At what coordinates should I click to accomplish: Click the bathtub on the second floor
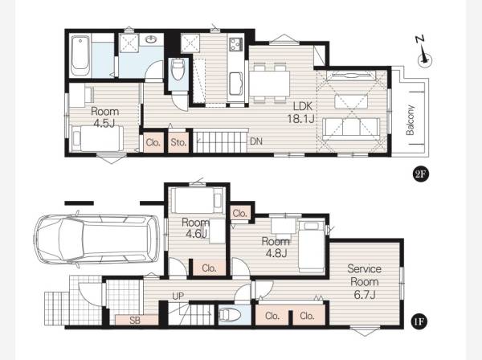[x=80, y=55]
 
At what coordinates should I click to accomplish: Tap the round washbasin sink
[x=151, y=39]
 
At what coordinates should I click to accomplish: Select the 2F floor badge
[x=420, y=174]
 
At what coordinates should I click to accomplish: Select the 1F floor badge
[x=419, y=322]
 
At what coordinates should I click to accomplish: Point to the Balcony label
[x=411, y=121]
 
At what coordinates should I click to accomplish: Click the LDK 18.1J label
[x=302, y=112]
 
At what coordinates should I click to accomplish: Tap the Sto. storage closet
[x=178, y=142]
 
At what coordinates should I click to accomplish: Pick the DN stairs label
[x=256, y=141]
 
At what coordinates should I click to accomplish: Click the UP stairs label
[x=178, y=297]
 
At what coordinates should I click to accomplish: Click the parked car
[x=96, y=239]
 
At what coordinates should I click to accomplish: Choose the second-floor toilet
[x=178, y=70]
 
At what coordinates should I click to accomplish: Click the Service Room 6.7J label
[x=364, y=281]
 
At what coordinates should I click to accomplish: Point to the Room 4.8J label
[x=276, y=247]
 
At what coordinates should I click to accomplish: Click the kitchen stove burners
[x=235, y=44]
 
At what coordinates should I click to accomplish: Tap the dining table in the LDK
[x=269, y=84]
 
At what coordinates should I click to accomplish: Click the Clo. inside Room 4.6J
[x=210, y=268]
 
